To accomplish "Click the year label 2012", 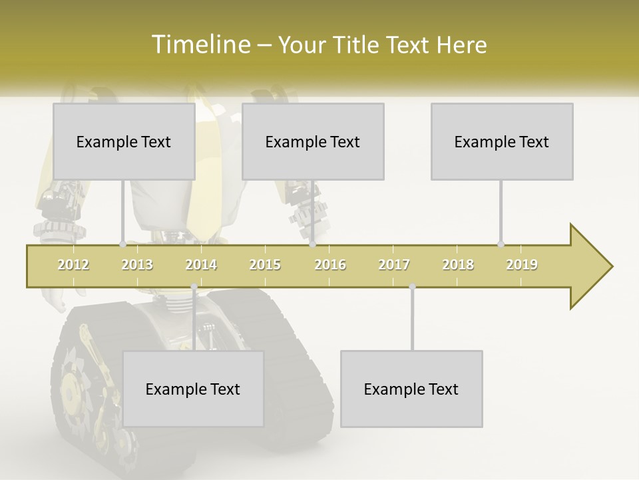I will tap(73, 265).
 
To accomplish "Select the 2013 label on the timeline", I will tap(137, 265).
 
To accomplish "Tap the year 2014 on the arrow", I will tap(201, 265).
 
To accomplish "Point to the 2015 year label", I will tap(265, 265).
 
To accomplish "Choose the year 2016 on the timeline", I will tap(330, 265).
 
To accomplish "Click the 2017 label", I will tap(394, 265).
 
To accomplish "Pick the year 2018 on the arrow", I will tap(458, 265).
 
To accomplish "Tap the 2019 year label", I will tap(522, 265).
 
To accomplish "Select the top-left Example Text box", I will tap(124, 142).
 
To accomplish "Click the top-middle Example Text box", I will tap(313, 142).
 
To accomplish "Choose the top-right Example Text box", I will tap(502, 142).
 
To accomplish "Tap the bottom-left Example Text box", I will tap(193, 389).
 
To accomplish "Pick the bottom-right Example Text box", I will tap(411, 389).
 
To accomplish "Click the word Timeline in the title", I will tap(199, 45).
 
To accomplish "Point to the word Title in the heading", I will tap(360, 45).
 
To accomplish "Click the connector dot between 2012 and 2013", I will tap(122, 245).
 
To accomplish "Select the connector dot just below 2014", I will tap(194, 287).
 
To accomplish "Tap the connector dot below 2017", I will tap(412, 287).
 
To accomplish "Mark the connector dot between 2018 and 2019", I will tap(501, 245).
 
